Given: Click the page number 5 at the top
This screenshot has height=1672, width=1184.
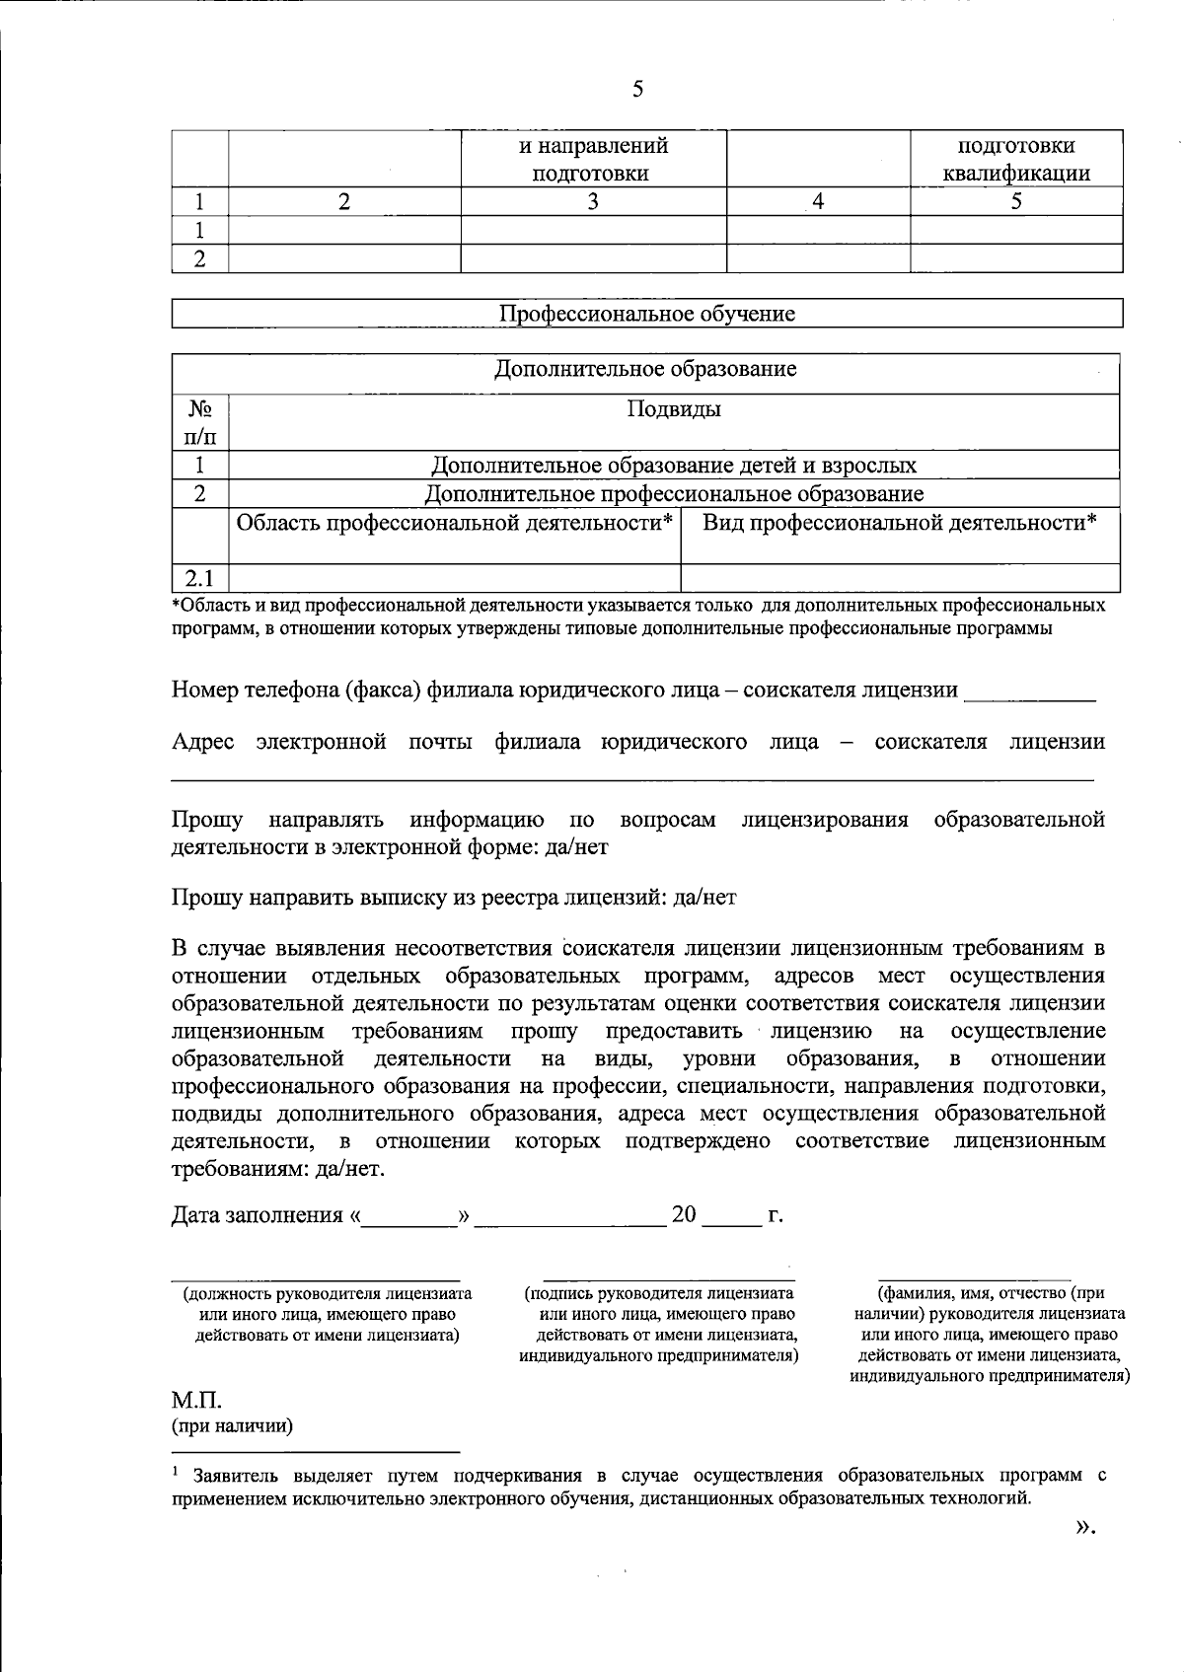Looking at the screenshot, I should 637,90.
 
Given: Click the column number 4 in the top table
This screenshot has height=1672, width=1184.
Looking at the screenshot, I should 817,203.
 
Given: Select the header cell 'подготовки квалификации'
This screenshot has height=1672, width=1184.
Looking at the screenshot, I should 1015,160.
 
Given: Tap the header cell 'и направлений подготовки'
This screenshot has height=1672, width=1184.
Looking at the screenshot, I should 593,160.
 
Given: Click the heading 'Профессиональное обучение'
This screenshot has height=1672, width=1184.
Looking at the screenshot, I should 647,314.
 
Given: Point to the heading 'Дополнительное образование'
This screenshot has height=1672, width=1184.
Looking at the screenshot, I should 645,369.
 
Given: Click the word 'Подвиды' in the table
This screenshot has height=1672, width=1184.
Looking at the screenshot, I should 674,409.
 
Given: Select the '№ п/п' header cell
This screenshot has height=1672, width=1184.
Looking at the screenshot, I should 199,422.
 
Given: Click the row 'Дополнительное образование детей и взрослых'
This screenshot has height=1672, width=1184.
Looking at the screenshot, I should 674,465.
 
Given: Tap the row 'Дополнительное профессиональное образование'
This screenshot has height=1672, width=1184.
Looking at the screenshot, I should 674,493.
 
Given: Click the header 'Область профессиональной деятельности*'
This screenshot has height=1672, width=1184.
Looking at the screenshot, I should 455,523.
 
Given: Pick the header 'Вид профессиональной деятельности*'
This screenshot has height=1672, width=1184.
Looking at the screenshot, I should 899,523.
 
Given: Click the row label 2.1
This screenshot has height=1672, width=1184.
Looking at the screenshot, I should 199,578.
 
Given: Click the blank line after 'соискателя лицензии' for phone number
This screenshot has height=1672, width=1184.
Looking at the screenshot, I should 1029,693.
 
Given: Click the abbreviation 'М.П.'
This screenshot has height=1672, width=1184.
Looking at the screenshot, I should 196,1402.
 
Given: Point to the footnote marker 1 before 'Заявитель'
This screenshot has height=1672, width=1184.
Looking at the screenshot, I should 176,1472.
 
